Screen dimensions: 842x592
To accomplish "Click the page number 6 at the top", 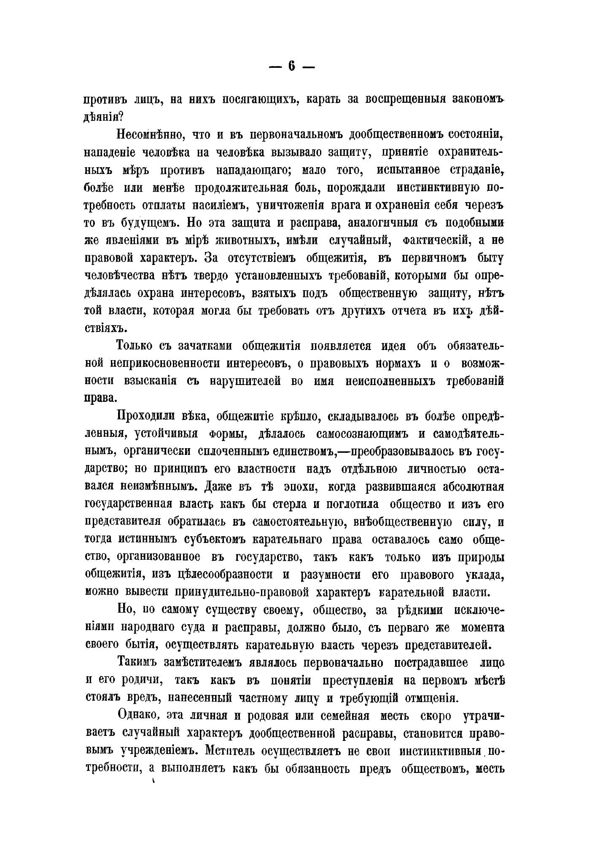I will (x=291, y=67).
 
